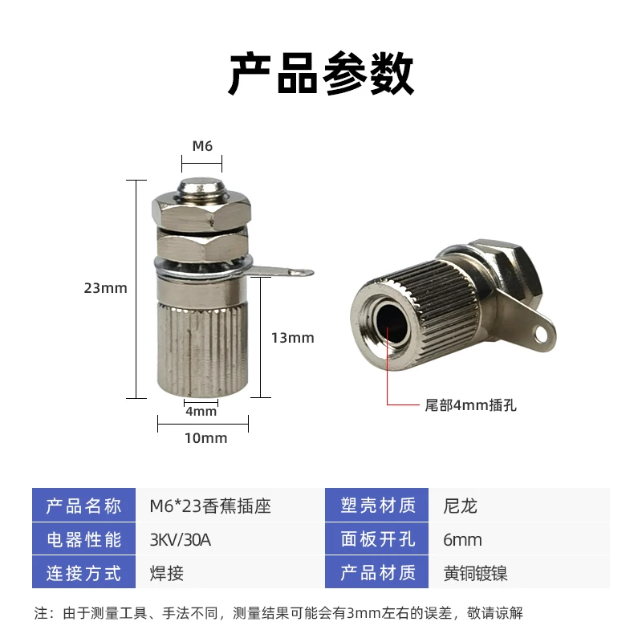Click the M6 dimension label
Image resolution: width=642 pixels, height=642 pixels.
coord(201,146)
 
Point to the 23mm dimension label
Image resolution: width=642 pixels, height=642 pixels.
coord(105,287)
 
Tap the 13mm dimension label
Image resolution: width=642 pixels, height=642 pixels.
coord(292,338)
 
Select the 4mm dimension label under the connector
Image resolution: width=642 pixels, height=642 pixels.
coord(201,412)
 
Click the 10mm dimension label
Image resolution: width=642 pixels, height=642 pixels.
coord(206,438)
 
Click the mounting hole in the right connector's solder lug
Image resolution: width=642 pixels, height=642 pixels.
coord(546,330)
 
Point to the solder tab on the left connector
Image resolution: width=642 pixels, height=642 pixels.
coord(285,273)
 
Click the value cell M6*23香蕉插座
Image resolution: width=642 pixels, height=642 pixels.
coord(210,506)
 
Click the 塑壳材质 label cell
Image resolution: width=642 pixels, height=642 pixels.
coord(378,506)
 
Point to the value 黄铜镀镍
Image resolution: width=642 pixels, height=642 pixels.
coord(475,574)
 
